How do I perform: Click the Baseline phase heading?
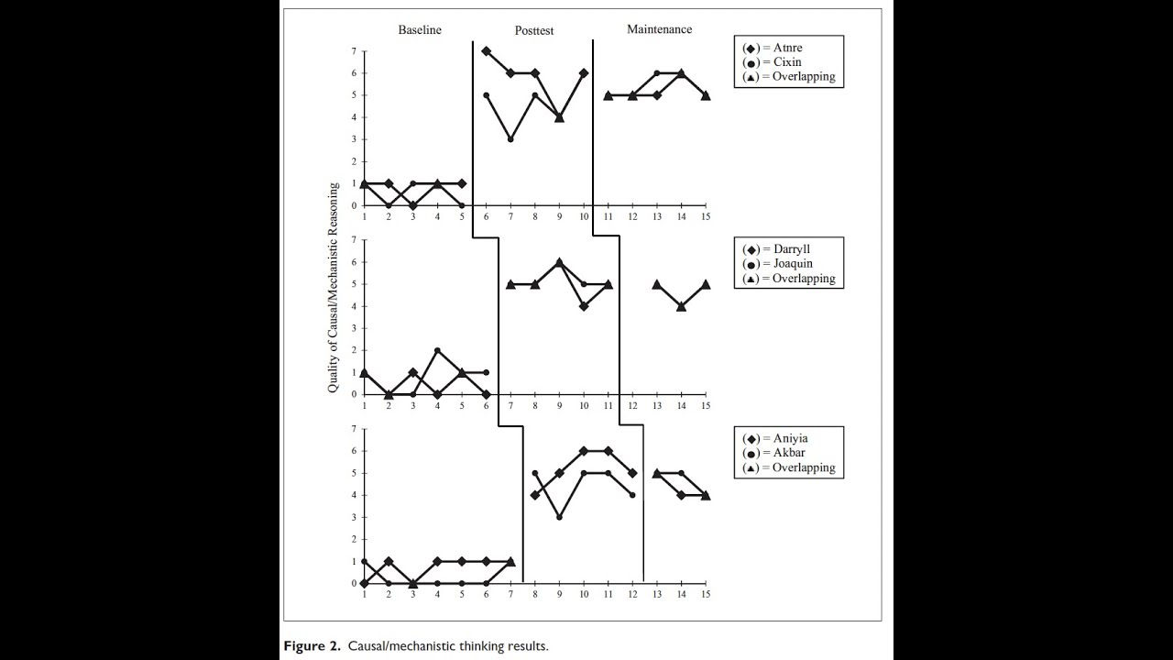click(419, 30)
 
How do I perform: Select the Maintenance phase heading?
click(659, 29)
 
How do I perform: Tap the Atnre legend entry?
click(780, 48)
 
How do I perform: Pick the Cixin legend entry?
click(780, 62)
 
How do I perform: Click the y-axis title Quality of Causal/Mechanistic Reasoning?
click(334, 288)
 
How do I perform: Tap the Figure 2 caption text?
click(415, 646)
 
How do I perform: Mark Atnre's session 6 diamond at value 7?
click(486, 51)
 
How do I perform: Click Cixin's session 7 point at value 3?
click(510, 139)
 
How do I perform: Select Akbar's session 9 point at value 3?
click(559, 517)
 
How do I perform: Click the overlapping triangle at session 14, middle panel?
click(681, 306)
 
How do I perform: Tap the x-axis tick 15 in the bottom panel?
click(705, 594)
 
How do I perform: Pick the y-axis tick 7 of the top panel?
click(353, 51)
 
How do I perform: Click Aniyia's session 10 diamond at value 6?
click(584, 451)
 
